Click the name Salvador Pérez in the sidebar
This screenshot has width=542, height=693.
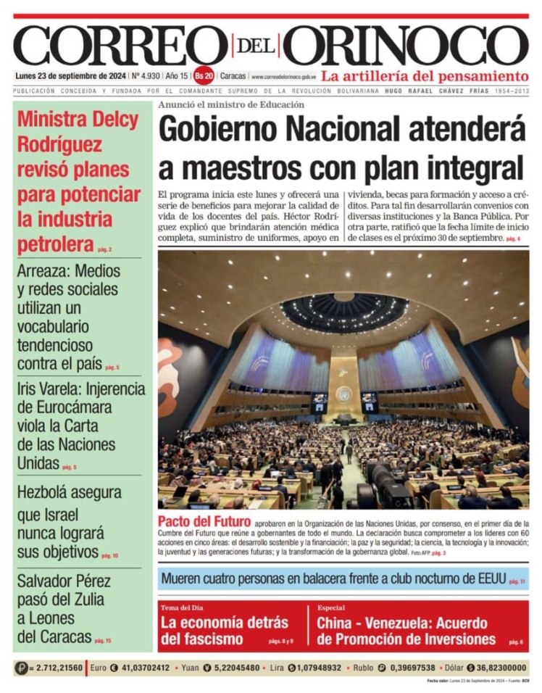[x=60, y=580]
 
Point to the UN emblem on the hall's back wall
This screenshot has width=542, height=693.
[x=343, y=394]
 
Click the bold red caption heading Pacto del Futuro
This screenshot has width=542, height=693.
[x=204, y=522]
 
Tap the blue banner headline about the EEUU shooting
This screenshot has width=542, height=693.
[x=333, y=578]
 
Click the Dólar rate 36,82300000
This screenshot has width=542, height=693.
[x=501, y=668]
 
